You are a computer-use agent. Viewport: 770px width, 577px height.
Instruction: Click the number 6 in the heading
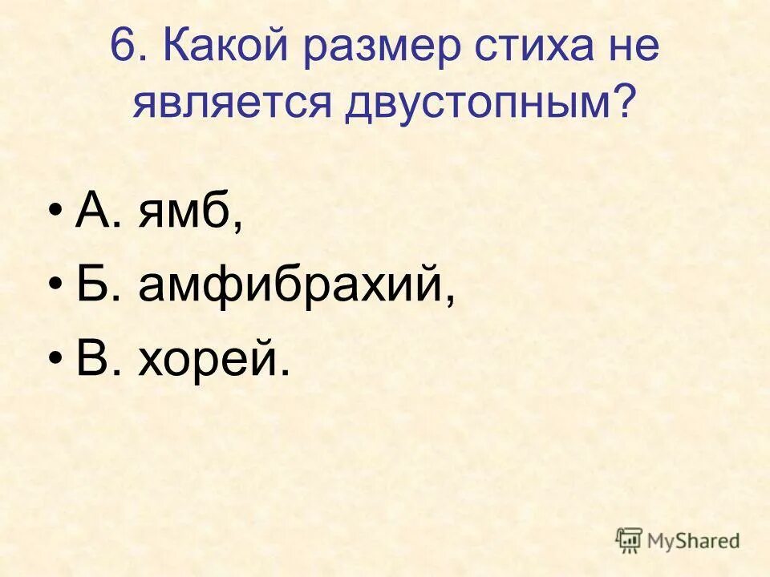point(120,48)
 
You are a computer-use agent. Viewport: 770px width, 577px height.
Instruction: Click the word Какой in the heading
point(226,48)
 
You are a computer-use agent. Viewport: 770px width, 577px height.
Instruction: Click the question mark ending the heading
point(624,103)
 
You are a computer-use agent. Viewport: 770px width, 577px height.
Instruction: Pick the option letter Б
point(91,285)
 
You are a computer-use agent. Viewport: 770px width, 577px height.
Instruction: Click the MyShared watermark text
point(695,541)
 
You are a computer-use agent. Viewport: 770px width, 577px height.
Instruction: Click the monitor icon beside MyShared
point(630,539)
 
